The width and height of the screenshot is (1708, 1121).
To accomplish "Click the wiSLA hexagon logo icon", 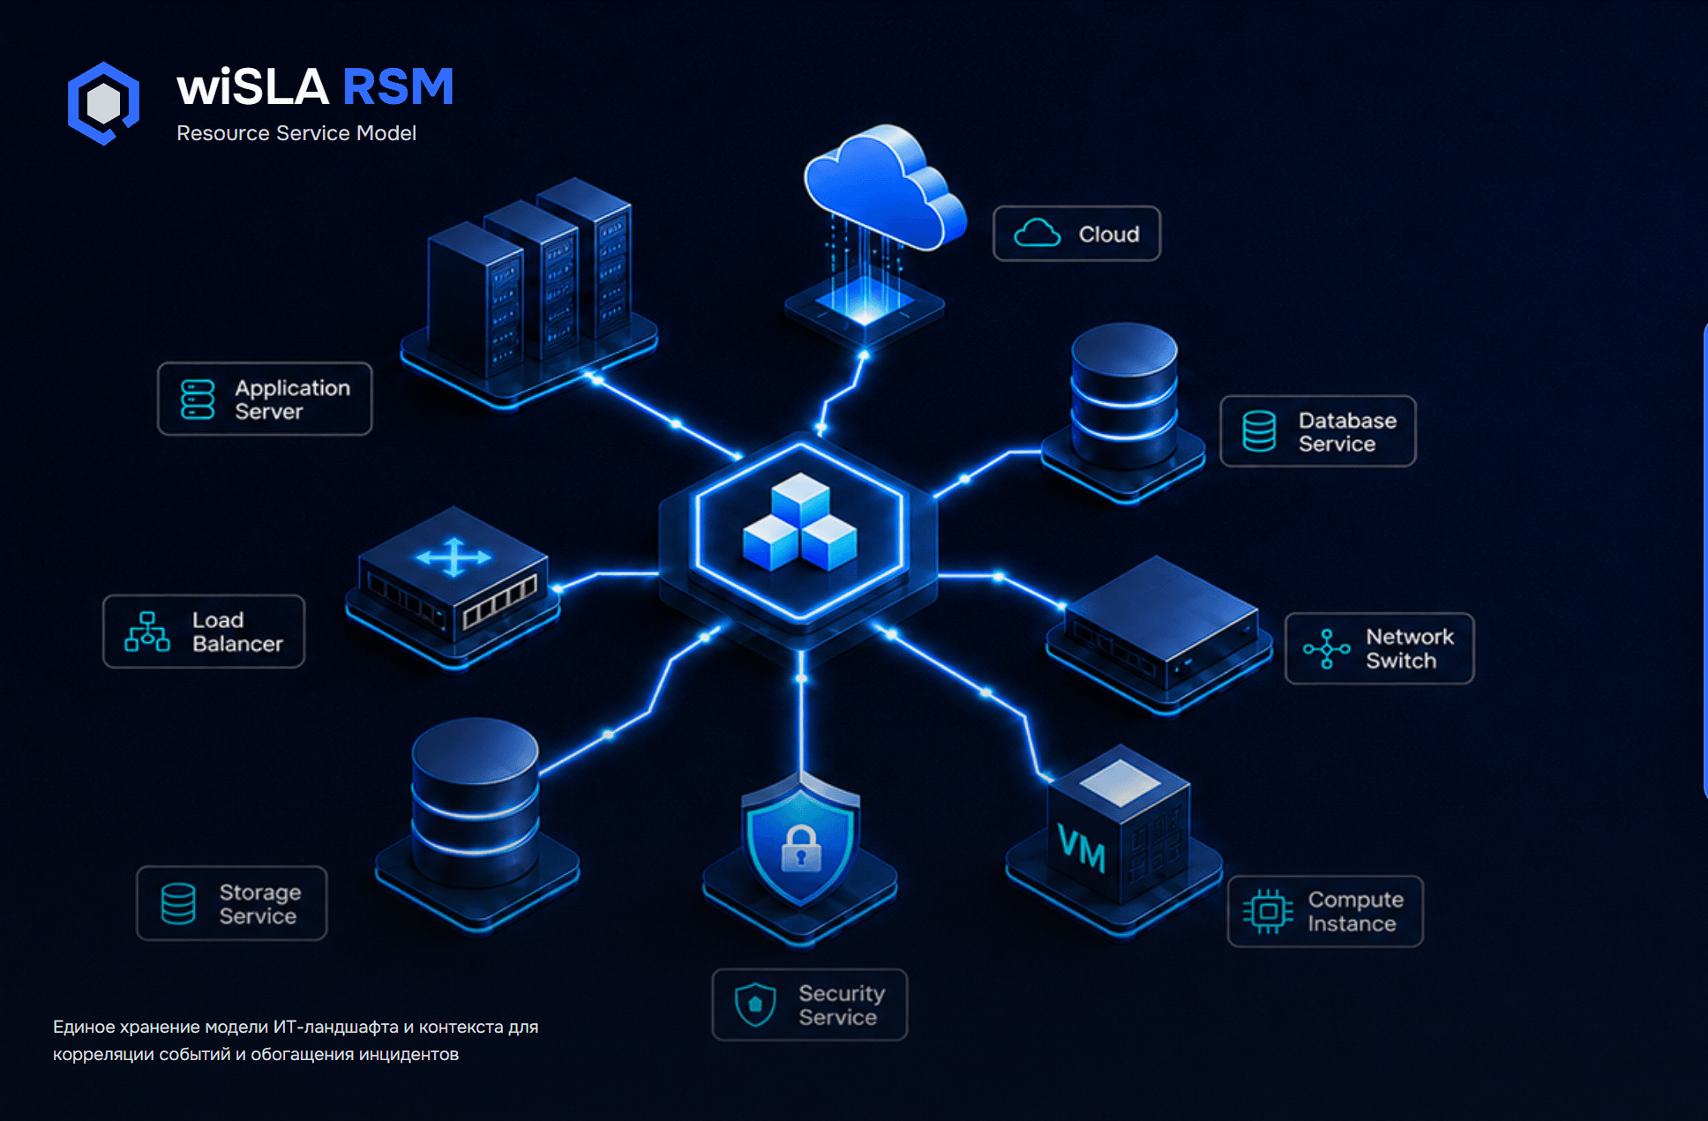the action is point(103,103).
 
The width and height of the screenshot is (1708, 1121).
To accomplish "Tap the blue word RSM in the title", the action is point(398,87).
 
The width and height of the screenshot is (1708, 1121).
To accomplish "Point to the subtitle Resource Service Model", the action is point(296,133).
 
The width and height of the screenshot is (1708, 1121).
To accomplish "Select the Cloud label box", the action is point(1076,234).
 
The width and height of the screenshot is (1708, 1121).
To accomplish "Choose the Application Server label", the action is point(265,399).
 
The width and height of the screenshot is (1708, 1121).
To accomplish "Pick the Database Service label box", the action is point(1318,431).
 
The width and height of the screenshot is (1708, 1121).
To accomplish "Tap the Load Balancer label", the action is point(204,631).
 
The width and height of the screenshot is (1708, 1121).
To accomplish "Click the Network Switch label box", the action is point(1380,648).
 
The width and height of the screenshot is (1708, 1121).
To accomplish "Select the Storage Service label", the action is point(232,903).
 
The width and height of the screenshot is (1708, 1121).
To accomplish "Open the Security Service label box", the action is point(810,1005).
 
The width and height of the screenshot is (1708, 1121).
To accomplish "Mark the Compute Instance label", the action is point(1325,911).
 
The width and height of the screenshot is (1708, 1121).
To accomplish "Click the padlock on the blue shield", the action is point(801,848).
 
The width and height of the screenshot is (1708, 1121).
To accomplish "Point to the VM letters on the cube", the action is point(1082,848).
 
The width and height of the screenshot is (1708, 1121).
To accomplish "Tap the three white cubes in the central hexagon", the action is point(800,521).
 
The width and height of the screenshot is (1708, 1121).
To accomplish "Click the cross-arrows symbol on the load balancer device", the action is point(453,557).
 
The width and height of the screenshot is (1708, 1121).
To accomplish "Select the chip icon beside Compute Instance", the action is point(1268,911).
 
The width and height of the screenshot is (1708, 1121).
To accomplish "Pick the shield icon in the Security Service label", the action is point(755,1005).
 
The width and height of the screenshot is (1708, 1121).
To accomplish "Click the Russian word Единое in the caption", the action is point(83,1027).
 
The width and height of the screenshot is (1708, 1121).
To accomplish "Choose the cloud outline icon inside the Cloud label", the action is point(1037,233).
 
